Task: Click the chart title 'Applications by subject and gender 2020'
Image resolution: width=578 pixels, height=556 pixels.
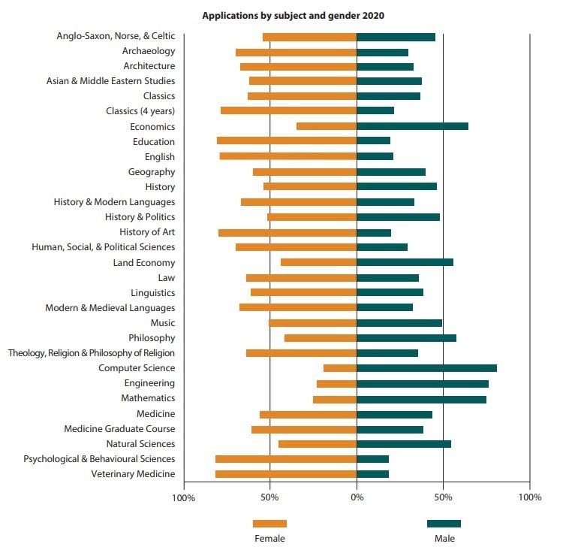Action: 288,14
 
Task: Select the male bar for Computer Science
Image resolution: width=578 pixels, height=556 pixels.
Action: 426,368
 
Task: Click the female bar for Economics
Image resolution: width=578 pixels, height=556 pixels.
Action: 327,126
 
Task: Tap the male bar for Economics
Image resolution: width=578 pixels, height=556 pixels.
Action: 412,126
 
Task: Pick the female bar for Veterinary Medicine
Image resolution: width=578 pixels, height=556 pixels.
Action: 286,474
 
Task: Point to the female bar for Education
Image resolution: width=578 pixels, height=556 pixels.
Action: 287,141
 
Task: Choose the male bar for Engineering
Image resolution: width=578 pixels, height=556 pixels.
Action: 423,383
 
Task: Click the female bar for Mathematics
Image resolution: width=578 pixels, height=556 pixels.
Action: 335,398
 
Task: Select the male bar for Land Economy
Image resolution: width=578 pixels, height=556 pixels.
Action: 405,262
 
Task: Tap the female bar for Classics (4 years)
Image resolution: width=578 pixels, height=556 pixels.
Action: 288,111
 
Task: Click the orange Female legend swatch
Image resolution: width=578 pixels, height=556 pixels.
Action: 269,524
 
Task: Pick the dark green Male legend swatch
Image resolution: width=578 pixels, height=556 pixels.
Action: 444,524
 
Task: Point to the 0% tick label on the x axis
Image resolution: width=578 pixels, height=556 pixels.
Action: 357,497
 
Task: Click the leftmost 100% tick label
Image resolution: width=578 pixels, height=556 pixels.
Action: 184,497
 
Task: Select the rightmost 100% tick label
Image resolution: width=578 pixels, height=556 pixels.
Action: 530,497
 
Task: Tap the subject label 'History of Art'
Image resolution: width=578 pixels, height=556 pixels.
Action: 147,232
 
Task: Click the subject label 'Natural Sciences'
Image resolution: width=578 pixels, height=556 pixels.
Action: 140,444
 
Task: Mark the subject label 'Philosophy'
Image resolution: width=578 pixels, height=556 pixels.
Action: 152,338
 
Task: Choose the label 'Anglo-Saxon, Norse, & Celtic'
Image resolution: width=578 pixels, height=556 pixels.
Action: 116,36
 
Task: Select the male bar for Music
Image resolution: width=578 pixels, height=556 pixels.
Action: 399,323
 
